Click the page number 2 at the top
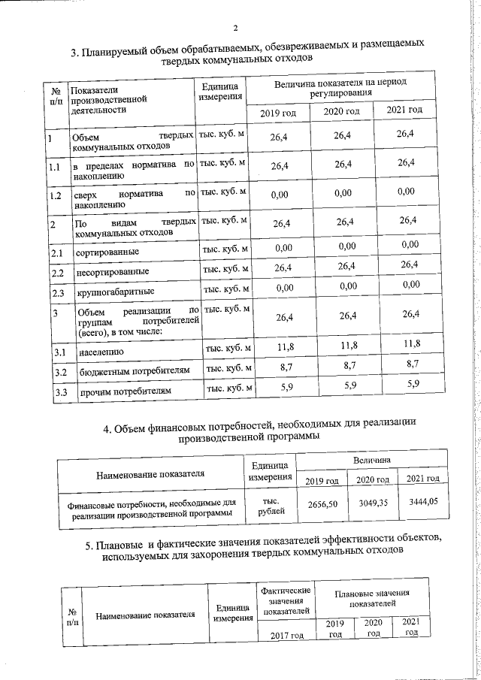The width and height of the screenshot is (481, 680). (235, 29)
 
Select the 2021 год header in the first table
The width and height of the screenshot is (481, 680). (404, 110)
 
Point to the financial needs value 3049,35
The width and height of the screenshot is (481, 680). (372, 503)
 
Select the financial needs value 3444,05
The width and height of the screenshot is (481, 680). (422, 501)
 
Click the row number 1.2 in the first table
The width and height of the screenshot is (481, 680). (55, 196)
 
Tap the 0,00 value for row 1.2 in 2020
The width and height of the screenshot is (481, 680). (343, 192)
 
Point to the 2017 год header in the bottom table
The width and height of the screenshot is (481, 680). (286, 636)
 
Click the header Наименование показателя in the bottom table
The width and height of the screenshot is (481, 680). (146, 615)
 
